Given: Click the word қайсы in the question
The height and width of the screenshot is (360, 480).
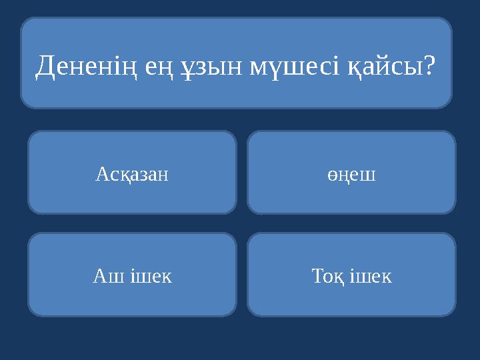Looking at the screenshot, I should [x=386, y=66].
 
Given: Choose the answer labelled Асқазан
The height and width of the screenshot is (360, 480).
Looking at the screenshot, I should [x=132, y=175].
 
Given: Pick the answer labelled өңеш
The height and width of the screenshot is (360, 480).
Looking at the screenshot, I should [x=351, y=175].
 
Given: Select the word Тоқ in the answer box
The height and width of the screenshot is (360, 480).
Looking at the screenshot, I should [x=327, y=276].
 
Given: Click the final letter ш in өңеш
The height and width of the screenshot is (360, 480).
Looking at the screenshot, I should [x=369, y=176].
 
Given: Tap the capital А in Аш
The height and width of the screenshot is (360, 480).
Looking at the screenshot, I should [x=98, y=276].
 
